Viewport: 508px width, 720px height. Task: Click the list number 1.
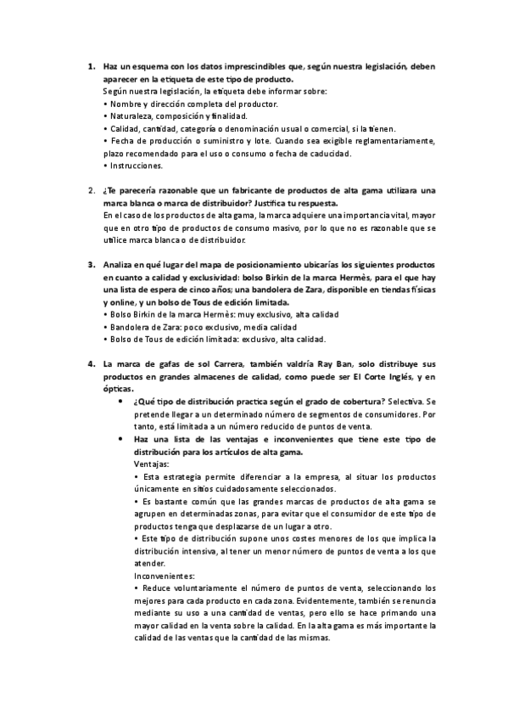coord(90,67)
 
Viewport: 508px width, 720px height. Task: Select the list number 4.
coord(90,364)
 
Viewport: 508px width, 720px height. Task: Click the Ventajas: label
coord(152,464)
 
